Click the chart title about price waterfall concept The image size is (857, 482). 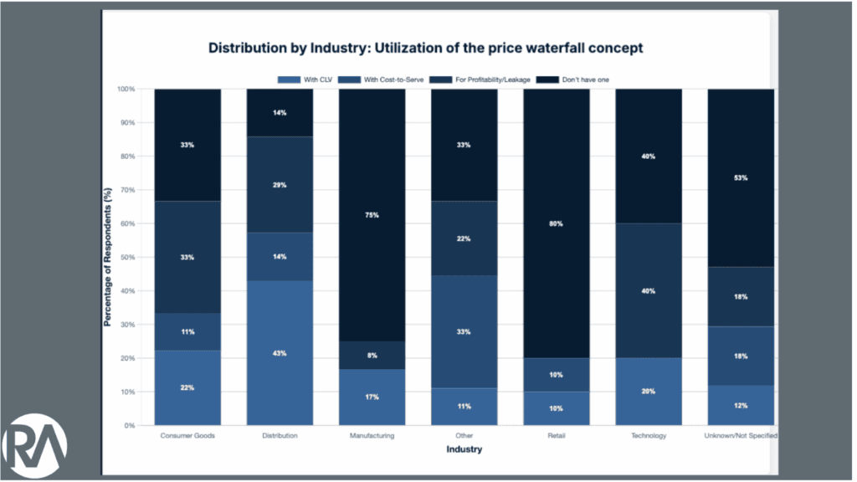coord(425,48)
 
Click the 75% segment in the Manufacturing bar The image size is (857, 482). coord(372,215)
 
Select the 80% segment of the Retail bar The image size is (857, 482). coord(557,224)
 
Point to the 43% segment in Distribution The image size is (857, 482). coord(280,353)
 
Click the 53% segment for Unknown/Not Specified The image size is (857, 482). coord(741,177)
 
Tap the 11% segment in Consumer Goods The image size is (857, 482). coord(187,332)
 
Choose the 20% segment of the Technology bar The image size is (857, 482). coord(649,392)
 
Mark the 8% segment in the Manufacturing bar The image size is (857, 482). coord(372,356)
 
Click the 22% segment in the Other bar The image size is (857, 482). coord(464,238)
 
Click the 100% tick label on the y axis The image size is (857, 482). coord(126,89)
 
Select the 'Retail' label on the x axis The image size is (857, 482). coord(557,436)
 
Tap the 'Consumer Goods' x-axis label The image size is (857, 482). coord(187,436)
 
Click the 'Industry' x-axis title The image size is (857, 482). coord(464,449)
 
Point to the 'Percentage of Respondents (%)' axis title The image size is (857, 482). coord(108,258)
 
